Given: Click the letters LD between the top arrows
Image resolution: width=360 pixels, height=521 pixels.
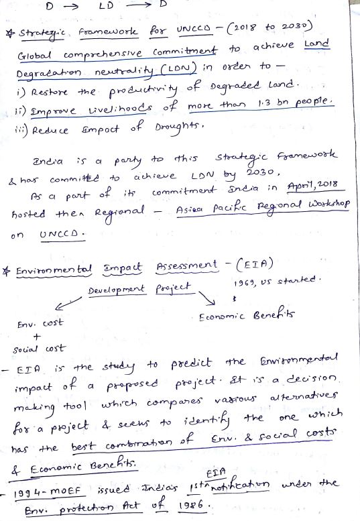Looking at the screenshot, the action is coord(106,6).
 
